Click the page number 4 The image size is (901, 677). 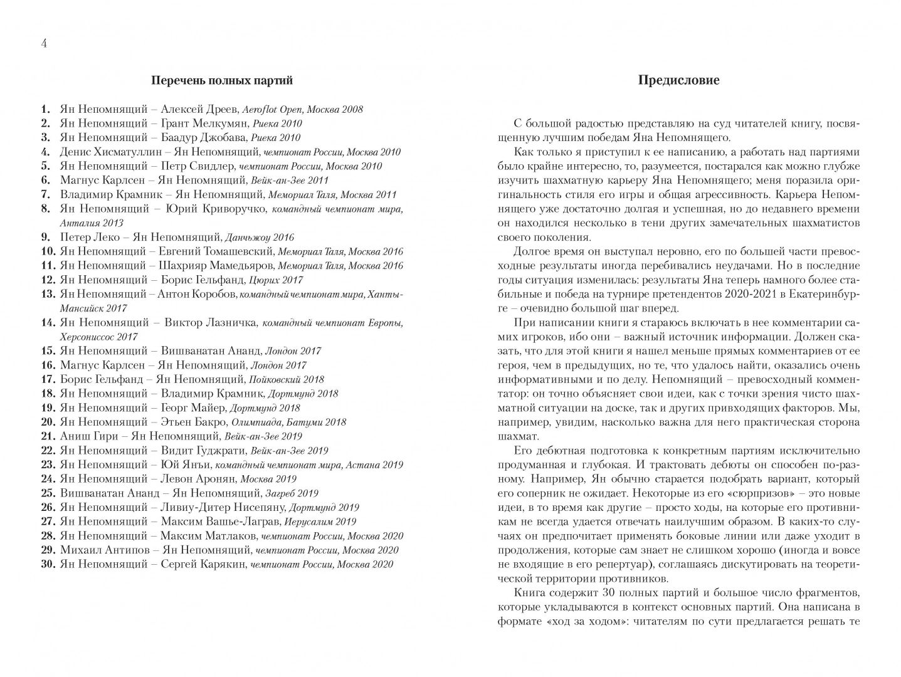(x=44, y=43)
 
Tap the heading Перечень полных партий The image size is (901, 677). (x=222, y=80)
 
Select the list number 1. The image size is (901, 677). (x=45, y=108)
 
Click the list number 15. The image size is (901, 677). (x=48, y=351)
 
